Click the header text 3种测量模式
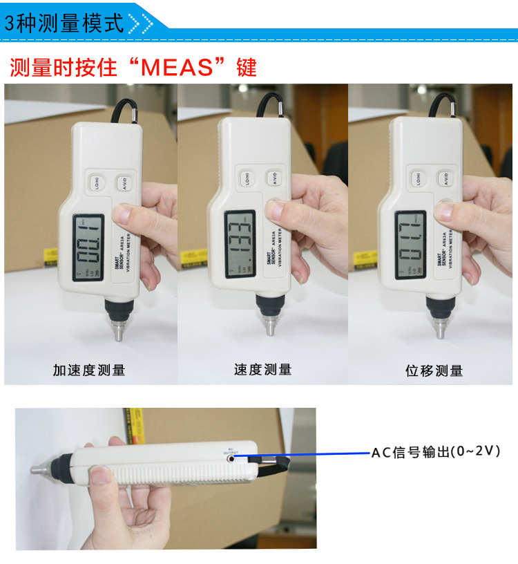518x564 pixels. coord(64,23)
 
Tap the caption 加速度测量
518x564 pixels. coord(89,370)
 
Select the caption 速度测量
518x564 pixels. coord(262,370)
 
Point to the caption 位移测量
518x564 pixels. coord(434,370)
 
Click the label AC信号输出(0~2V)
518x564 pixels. coord(435,452)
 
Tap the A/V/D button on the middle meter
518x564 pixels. coord(275,178)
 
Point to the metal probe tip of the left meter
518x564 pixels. coord(119,332)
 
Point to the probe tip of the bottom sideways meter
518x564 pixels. coord(36,469)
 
